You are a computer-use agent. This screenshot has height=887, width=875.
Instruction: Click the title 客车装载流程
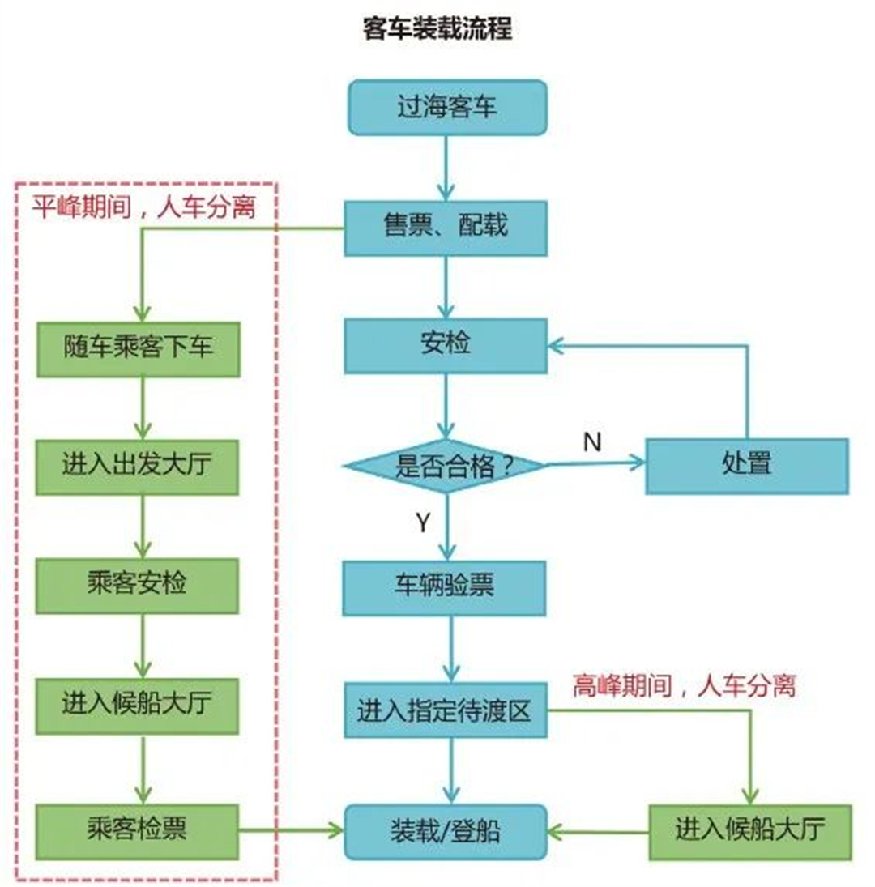pos(437,29)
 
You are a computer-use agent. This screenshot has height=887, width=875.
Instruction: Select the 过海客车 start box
pos(446,107)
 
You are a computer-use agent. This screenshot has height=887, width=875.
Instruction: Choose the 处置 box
pos(746,466)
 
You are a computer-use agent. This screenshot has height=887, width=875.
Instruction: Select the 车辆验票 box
pos(446,586)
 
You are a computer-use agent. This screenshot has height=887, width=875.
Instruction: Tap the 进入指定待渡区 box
pos(446,710)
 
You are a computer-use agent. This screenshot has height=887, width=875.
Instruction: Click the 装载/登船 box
pos(446,831)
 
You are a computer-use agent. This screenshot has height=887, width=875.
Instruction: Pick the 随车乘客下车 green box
pos(138,349)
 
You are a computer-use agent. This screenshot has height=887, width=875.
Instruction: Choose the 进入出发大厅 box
pos(138,467)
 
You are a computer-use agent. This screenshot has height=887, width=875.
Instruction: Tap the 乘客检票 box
pos(138,831)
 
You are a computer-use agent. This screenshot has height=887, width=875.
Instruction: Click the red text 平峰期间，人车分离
pos(144,208)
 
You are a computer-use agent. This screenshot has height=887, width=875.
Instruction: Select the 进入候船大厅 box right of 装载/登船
pos(749,832)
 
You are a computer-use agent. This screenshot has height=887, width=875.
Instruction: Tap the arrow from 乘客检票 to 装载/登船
pos(292,830)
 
